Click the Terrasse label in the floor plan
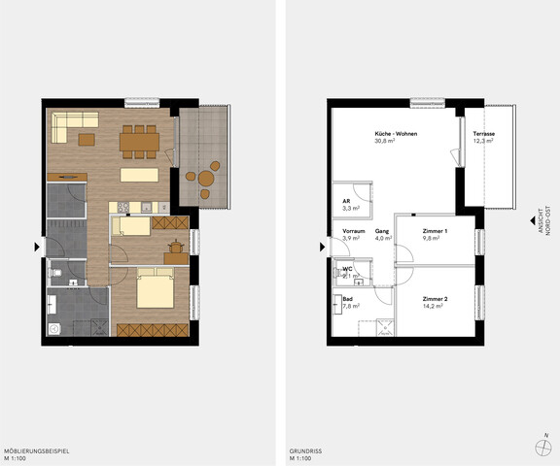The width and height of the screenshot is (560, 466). [x=482, y=133]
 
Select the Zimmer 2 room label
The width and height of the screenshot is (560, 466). [x=434, y=298]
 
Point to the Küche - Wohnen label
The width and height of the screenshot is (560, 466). [x=396, y=133]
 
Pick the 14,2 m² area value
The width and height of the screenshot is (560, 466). [x=433, y=306]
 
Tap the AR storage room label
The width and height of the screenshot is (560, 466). [x=347, y=200]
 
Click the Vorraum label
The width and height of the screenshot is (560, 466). [x=353, y=231]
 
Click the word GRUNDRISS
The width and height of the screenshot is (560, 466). [x=306, y=451]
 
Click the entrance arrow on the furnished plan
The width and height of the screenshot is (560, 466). [x=37, y=249]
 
